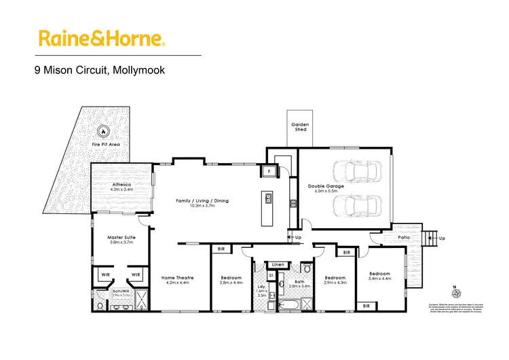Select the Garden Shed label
300,126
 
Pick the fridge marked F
269,171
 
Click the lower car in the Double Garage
355,204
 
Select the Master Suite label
123,238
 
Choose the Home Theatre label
177,278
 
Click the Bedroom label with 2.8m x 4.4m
231,278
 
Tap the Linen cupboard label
278,264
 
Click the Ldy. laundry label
261,286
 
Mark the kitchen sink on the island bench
269,199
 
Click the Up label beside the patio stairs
442,238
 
